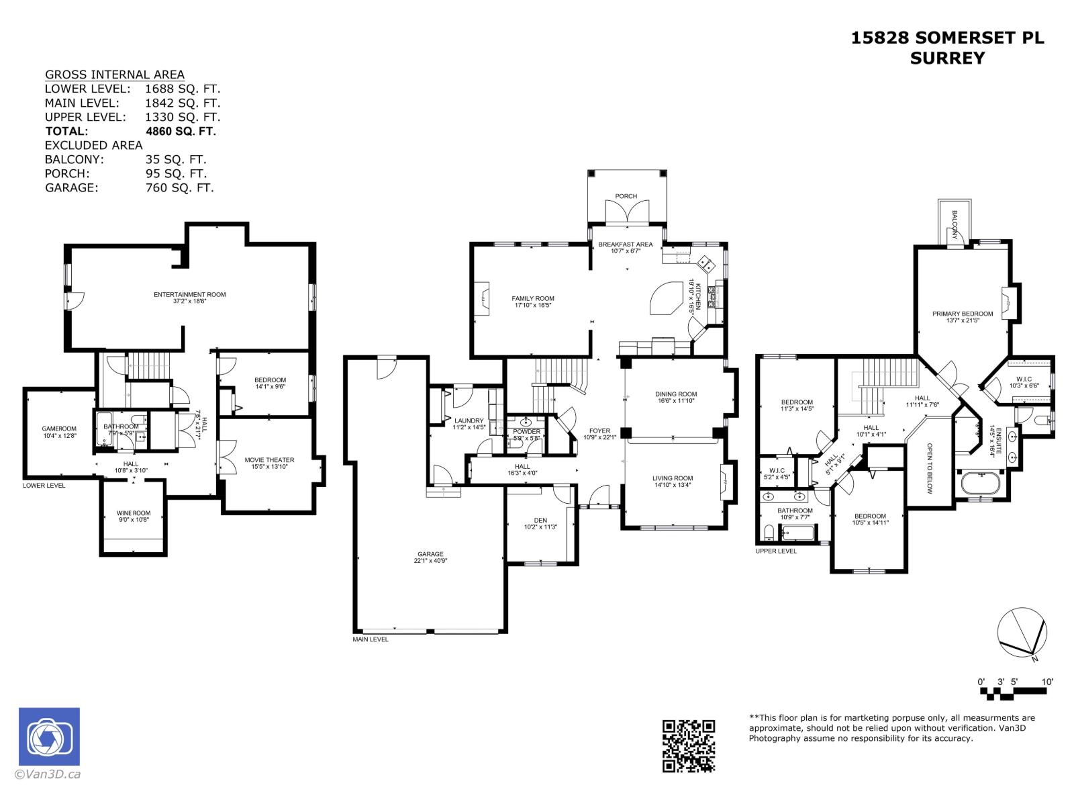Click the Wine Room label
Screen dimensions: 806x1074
click(x=133, y=513)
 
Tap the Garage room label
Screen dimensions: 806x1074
click(x=430, y=554)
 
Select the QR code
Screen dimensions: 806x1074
click(x=689, y=746)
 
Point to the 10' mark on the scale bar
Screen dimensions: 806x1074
click(x=1047, y=682)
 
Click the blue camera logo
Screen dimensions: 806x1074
click(x=49, y=736)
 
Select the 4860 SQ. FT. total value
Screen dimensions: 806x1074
click(x=181, y=131)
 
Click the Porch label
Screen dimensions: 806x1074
click(x=626, y=196)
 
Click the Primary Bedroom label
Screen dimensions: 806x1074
click(x=962, y=314)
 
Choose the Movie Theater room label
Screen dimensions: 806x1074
click(x=268, y=460)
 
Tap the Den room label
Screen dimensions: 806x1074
click(x=540, y=520)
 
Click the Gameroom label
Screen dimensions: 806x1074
click(x=59, y=429)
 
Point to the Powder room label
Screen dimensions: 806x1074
click(x=526, y=432)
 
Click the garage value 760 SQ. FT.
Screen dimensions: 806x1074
click(x=179, y=188)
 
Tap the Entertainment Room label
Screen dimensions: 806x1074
click(x=189, y=294)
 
